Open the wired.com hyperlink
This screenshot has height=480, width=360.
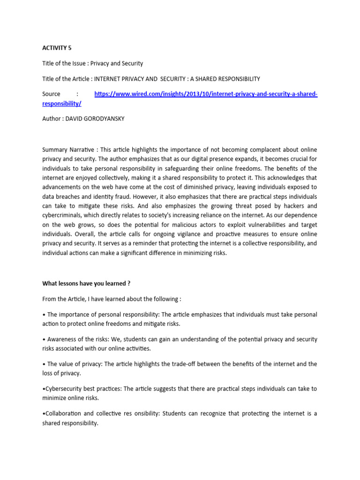(206, 94)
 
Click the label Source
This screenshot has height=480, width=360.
(51, 94)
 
